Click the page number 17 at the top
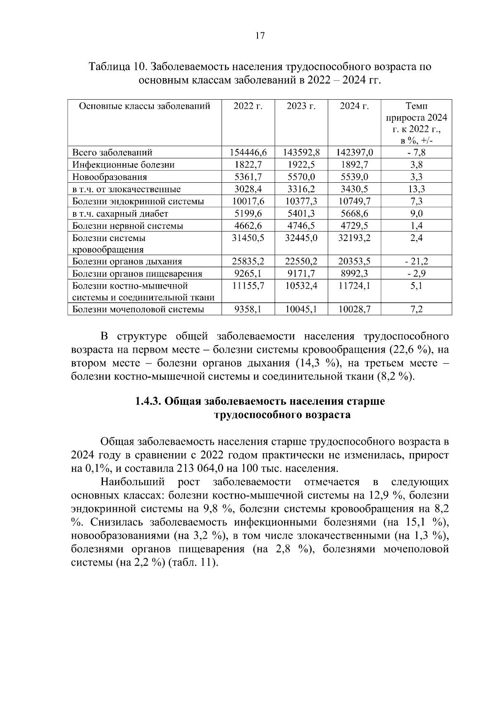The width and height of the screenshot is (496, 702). coord(260,36)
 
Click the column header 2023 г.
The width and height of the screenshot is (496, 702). coord(301,106)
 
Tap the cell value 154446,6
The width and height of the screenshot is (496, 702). coord(248,153)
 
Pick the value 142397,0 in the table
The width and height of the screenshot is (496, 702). coord(354,153)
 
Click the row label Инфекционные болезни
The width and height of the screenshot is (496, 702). coord(123,165)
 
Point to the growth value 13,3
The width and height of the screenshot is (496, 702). coord(416,189)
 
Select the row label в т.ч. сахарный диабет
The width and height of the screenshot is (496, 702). coord(120,214)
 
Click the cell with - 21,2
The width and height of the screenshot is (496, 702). coord(416,261)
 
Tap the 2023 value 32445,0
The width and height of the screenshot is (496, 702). coord(301,238)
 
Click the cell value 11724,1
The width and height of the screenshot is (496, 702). coord(354,286)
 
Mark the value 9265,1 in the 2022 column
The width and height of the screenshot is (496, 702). coord(248,274)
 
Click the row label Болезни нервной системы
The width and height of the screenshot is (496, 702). coord(128,226)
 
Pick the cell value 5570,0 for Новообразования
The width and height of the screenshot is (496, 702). coord(301,177)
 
